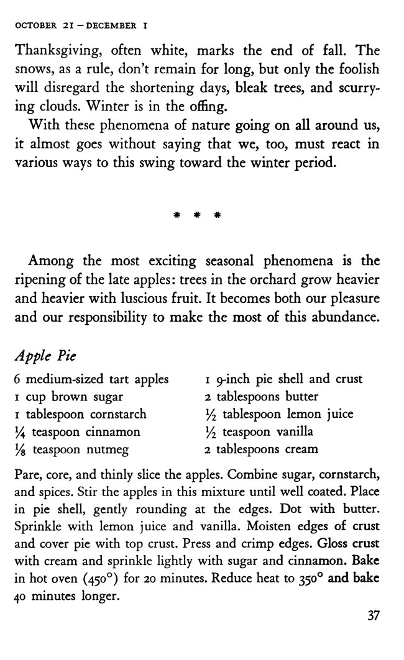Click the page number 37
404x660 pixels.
pos(372,615)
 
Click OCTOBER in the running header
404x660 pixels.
pos(34,26)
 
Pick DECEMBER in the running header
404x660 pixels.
pos(111,26)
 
